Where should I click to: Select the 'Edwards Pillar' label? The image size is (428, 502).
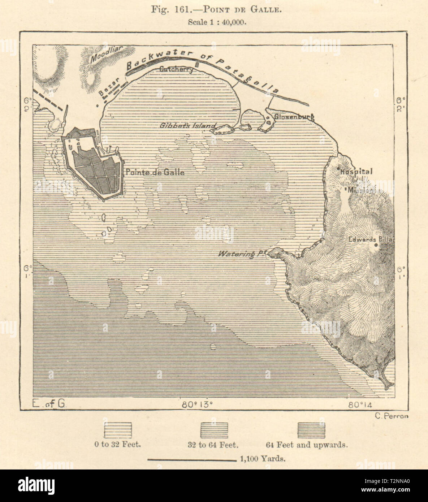tap(372, 239)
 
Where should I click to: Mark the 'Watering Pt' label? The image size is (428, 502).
tap(241, 254)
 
